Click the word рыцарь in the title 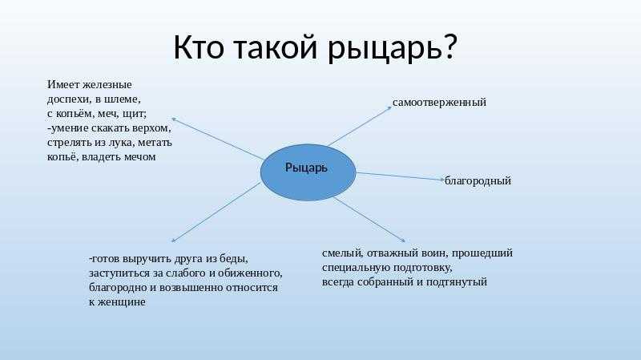coord(385,48)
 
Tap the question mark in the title coord(449,46)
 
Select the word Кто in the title coord(199,47)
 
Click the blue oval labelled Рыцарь coord(308,172)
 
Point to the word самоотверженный coord(439,102)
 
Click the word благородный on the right coord(478,180)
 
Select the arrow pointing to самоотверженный coord(360,126)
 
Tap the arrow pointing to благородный coord(400,176)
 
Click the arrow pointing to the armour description coord(217,139)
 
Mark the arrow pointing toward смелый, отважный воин coord(370,220)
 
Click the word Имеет coord(63,85)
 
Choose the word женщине coord(123,302)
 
